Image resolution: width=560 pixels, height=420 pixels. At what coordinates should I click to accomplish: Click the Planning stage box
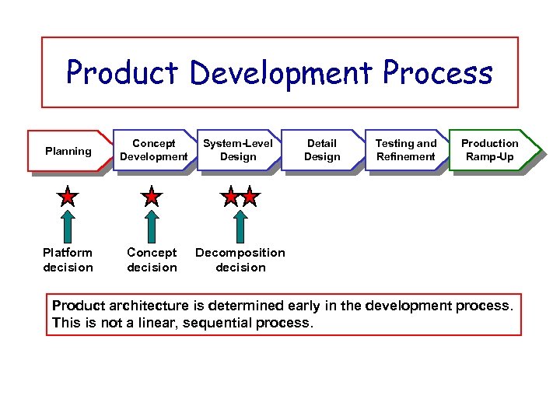click(68, 151)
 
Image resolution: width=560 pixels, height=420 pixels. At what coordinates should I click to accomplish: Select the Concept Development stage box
click(154, 149)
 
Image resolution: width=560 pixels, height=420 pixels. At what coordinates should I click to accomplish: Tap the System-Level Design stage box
click(238, 149)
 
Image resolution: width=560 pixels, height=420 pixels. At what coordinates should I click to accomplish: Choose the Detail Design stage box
click(322, 149)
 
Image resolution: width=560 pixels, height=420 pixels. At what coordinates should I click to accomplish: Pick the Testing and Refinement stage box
click(406, 149)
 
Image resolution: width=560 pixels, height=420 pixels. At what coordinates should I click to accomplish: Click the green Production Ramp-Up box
click(490, 149)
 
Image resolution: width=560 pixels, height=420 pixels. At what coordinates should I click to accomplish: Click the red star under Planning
click(68, 197)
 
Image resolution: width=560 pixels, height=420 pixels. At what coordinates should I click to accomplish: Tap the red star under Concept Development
click(152, 197)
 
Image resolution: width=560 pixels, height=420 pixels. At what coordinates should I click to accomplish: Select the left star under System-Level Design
click(230, 197)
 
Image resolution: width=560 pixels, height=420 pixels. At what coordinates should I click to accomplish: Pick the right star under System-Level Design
click(249, 197)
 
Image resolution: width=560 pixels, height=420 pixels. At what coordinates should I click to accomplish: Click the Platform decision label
click(68, 260)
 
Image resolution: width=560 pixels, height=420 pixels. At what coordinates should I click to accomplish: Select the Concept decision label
click(152, 260)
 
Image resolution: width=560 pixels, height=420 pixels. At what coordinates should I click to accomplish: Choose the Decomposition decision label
click(240, 260)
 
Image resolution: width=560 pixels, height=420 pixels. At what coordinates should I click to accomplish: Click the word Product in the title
click(123, 73)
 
